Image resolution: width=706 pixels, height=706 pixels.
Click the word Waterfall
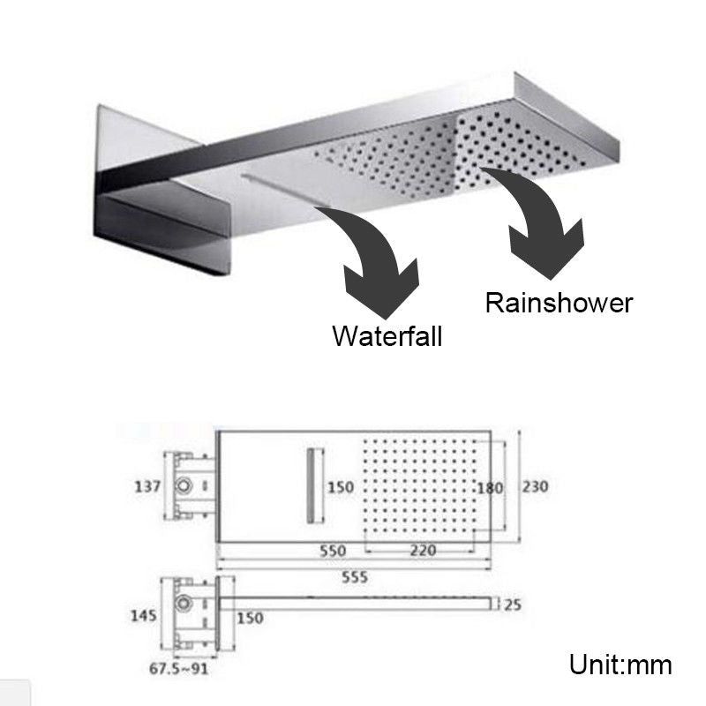click(387, 336)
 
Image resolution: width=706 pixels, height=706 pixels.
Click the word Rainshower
click(559, 304)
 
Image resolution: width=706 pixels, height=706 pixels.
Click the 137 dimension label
click(147, 486)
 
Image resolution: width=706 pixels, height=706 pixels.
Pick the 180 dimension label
click(489, 488)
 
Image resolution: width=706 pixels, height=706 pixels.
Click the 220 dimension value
click(423, 549)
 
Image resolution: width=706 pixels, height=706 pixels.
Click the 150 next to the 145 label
click(250, 620)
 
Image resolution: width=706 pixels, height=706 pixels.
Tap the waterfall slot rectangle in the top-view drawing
click(312, 485)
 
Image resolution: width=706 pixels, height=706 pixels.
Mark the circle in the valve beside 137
click(186, 485)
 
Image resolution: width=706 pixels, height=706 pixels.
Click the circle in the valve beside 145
click(186, 605)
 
